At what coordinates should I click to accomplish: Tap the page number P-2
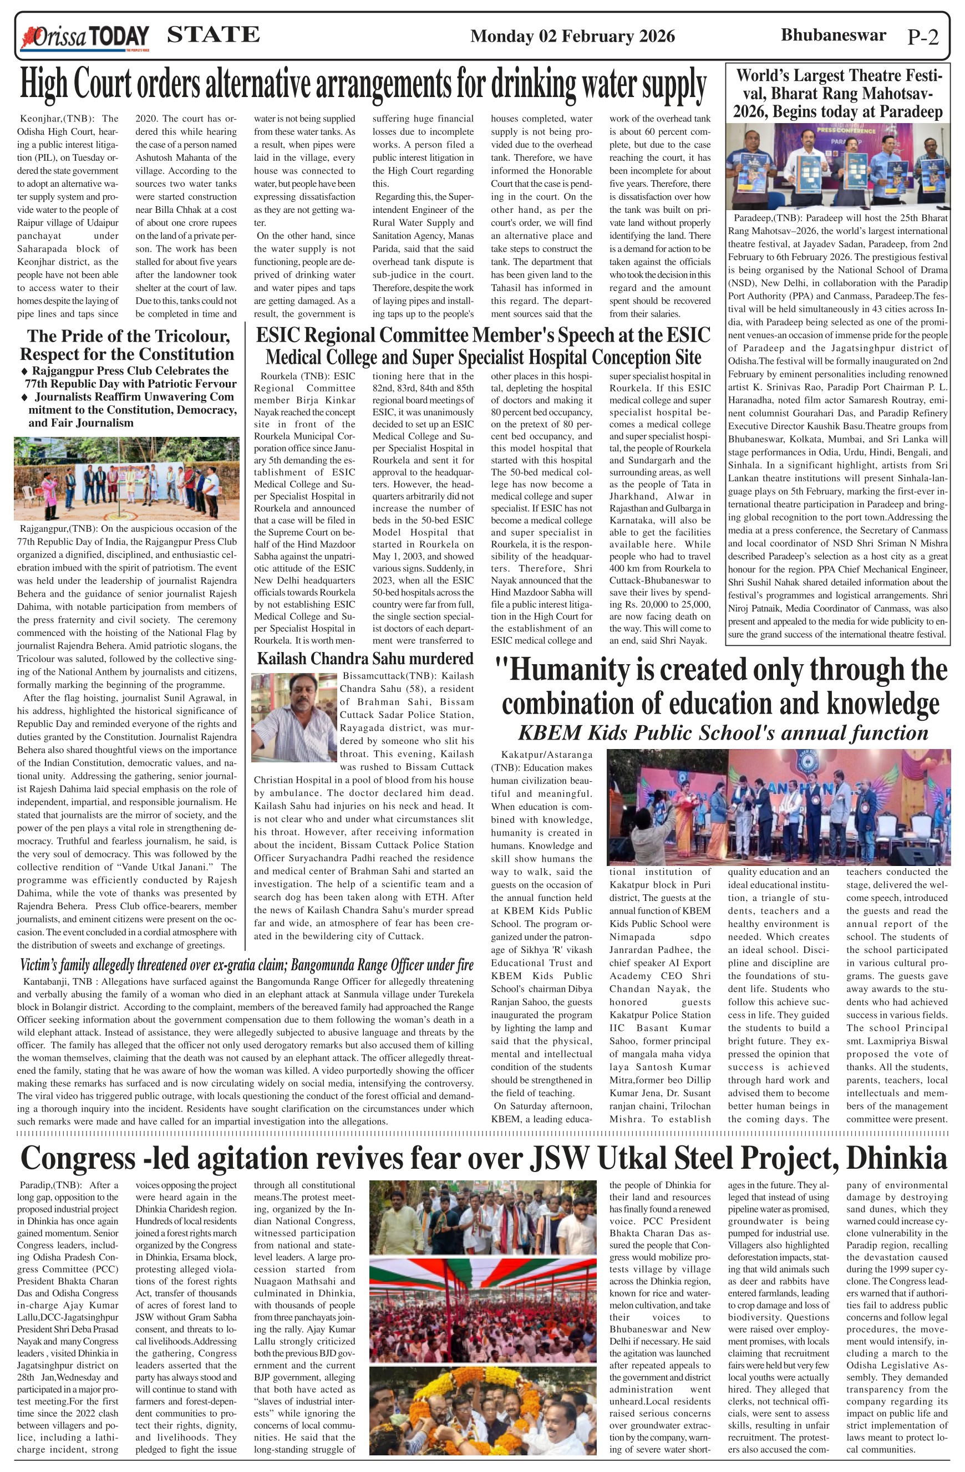click(922, 37)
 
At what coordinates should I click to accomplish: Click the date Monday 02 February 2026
click(572, 37)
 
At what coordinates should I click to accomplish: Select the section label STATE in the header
click(214, 34)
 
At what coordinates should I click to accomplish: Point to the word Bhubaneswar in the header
click(833, 35)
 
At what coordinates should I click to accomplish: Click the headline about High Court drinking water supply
click(363, 85)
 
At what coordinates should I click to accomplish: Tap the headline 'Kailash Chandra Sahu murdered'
click(365, 659)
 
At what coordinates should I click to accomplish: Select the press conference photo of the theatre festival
click(837, 166)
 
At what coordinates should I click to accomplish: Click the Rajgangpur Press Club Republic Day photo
click(127, 478)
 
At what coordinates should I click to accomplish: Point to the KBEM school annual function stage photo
click(778, 807)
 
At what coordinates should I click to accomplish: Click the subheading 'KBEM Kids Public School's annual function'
click(723, 733)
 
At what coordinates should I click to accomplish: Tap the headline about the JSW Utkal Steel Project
click(483, 1158)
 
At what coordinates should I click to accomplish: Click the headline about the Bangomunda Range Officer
click(246, 965)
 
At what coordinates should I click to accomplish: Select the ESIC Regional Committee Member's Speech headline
click(483, 346)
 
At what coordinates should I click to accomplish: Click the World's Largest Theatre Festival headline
click(838, 94)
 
